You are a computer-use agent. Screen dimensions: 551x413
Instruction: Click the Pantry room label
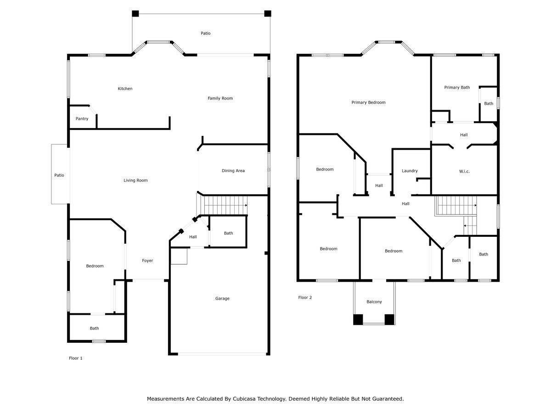point(82,118)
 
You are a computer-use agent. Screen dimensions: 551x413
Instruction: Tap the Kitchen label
point(125,89)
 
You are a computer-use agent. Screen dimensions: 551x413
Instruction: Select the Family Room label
point(220,98)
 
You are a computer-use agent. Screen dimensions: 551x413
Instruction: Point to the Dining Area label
point(233,171)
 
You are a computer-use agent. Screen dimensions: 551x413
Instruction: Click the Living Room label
point(135,180)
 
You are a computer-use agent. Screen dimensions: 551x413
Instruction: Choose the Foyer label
point(147,261)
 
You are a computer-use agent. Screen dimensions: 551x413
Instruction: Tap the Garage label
point(222,298)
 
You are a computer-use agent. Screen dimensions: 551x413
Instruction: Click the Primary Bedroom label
point(368,102)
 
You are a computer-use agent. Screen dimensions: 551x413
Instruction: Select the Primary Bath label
point(457,87)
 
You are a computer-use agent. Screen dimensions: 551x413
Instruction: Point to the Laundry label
point(410,171)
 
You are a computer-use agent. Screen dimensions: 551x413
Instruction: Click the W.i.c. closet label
point(464,171)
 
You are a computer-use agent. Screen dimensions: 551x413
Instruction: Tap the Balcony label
point(374,301)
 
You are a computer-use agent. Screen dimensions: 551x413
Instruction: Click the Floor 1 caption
point(76,358)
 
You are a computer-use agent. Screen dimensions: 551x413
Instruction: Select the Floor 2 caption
point(305,297)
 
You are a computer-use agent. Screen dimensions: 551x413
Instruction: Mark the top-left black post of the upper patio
point(135,14)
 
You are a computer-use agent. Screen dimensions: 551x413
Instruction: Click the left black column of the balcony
point(358,319)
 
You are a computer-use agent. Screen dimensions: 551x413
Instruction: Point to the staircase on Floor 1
point(225,206)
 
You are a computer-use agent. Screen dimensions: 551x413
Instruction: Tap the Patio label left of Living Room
point(59,175)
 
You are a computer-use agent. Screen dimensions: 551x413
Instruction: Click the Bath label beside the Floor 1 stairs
point(228,233)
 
